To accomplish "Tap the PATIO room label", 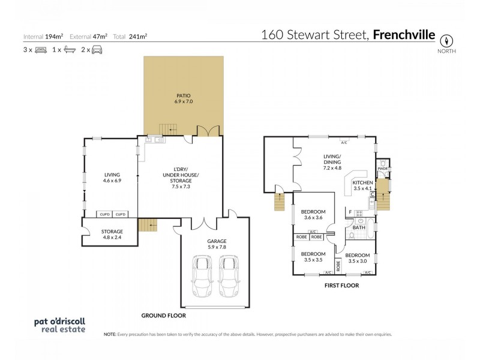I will pyautogui.click(x=183, y=98).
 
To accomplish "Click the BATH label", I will pyautogui.click(x=359, y=227).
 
